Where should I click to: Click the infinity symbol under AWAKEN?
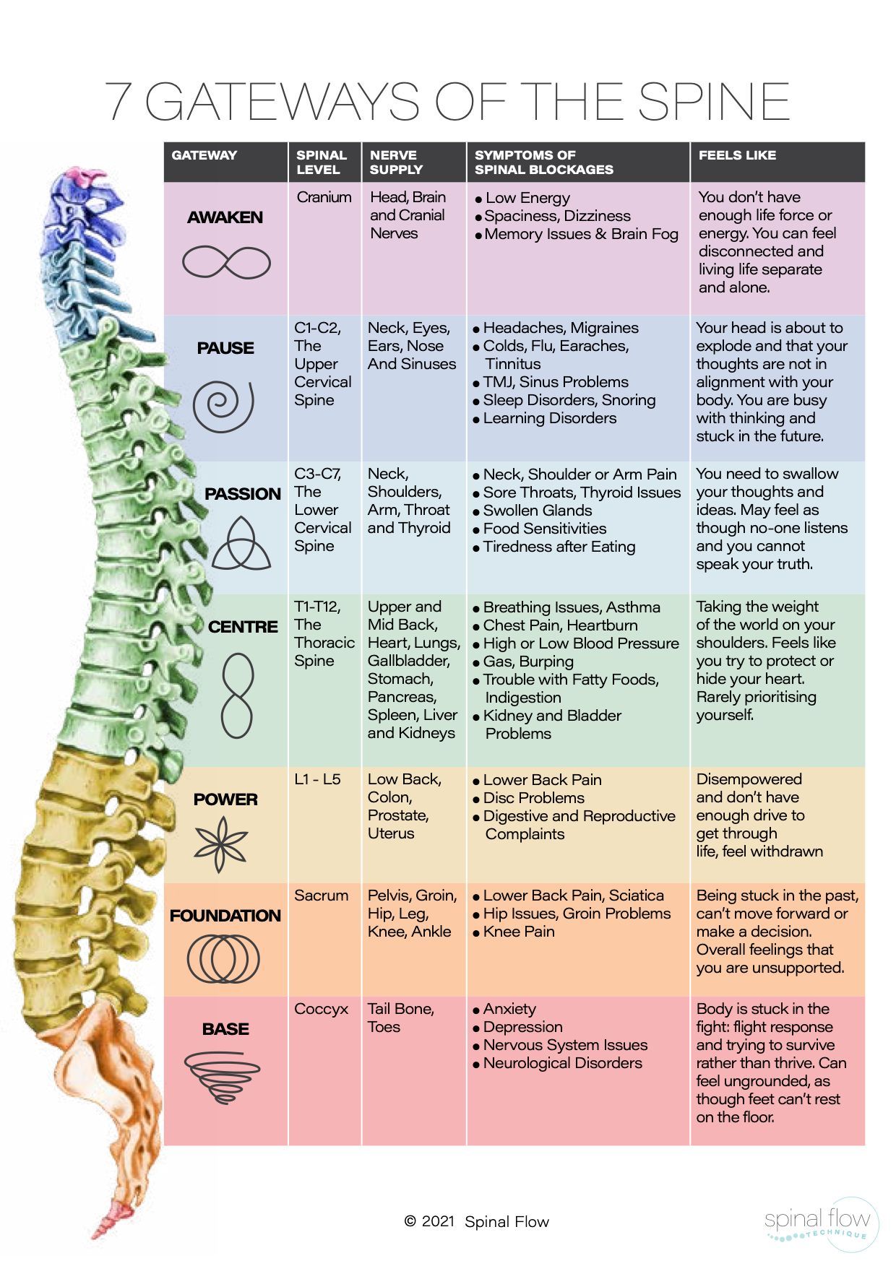226,261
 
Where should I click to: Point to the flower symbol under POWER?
222,844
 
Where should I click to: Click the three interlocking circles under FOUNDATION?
223,959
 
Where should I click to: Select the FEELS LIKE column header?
737,155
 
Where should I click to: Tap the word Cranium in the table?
324,197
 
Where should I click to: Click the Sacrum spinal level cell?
321,896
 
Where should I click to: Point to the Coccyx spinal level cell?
321,1009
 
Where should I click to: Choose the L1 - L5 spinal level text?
317,780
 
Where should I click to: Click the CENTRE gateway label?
243,627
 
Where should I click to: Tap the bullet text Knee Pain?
519,932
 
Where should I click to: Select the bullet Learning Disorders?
549,418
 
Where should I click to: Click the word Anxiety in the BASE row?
509,1009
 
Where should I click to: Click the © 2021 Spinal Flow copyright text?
476,1221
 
